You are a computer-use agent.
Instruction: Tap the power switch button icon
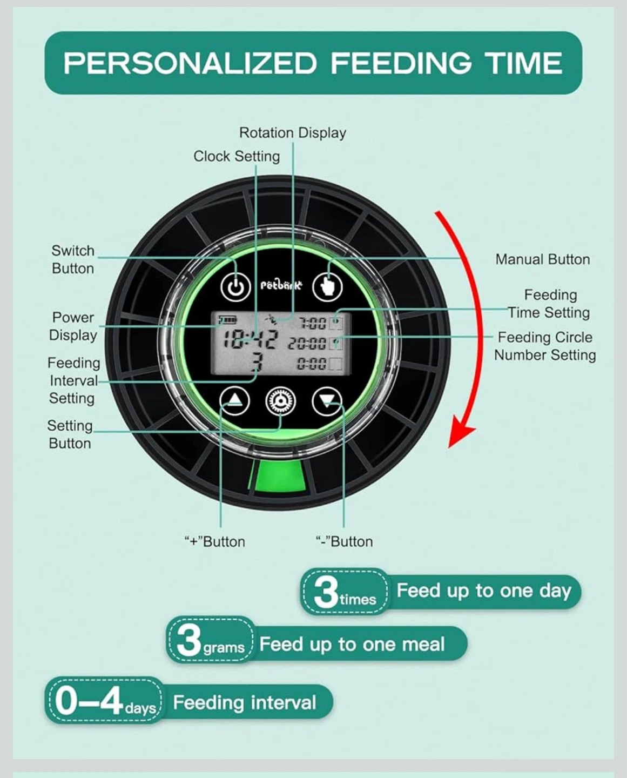235,287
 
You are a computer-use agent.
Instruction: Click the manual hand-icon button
327,287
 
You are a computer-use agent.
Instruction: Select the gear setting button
280,401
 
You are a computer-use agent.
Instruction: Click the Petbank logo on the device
281,286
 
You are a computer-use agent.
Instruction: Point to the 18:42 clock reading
250,339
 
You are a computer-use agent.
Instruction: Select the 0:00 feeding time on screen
312,363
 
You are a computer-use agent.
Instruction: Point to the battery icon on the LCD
228,319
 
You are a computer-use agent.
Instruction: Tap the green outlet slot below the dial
278,477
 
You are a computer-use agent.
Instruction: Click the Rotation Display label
293,133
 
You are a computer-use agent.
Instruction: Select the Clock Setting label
237,157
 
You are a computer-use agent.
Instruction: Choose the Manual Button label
542,259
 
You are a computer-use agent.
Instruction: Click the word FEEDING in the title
401,63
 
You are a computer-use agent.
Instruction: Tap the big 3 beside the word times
326,593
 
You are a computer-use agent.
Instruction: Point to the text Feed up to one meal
352,644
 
